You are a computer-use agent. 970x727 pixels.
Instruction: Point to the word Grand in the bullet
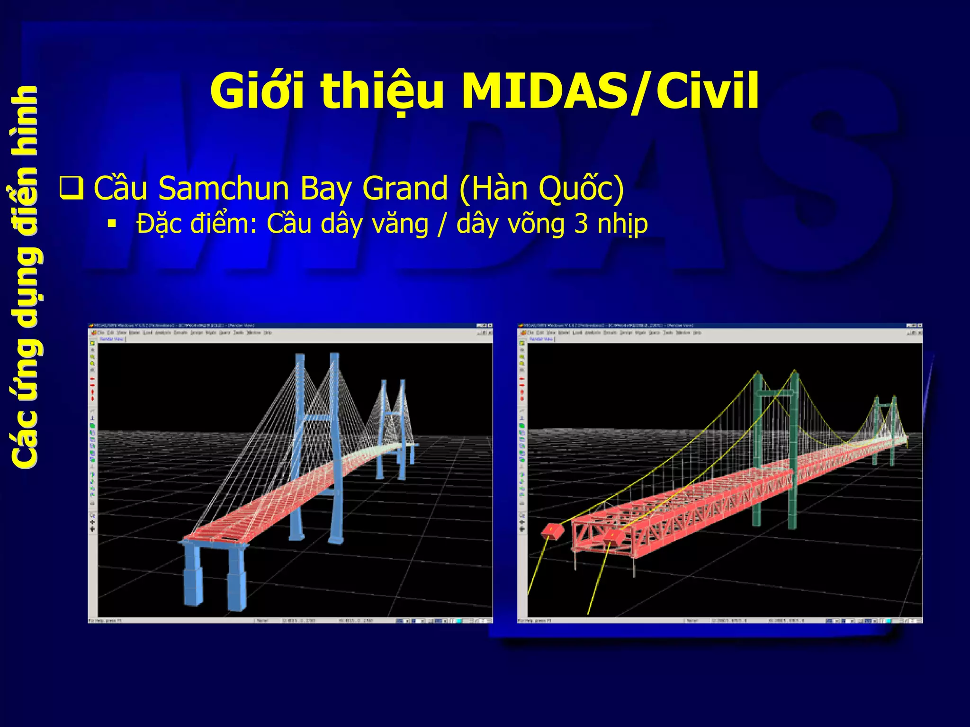pos(405,189)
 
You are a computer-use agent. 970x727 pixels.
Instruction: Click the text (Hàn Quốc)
pos(541,189)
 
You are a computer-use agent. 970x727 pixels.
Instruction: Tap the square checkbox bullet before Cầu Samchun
pos(72,188)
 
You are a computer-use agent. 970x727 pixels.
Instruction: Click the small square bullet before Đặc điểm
pos(112,224)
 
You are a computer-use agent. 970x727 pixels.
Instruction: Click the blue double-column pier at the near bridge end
pos(216,573)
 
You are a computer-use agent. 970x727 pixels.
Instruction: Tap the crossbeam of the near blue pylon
pos(318,418)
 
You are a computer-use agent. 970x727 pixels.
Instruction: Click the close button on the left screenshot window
pos(490,325)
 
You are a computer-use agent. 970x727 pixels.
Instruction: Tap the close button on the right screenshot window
pos(920,325)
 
